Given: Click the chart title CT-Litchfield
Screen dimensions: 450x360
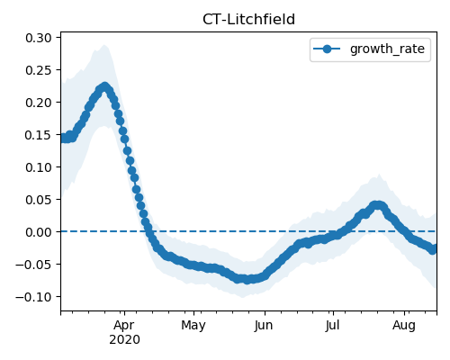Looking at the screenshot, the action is [248, 20].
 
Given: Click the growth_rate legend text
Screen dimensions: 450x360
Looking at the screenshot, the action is [387, 49].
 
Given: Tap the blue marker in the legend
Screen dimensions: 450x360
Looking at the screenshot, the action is [327, 49].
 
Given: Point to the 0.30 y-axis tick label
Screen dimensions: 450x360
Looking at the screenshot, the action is [39, 38].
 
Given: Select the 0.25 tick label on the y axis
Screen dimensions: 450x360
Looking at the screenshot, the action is [39, 70].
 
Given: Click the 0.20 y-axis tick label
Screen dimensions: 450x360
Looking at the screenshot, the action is [39, 103].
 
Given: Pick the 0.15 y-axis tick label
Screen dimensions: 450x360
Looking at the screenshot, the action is [39, 135].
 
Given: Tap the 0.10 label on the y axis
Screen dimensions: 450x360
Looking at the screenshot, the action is [39, 167].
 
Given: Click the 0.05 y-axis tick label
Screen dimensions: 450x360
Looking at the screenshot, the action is [39, 200].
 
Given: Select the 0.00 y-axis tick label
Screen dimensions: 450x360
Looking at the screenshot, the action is [39, 232].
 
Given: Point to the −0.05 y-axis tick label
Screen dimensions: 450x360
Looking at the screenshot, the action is [33, 265].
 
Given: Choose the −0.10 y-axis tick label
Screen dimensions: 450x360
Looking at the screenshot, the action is [33, 297].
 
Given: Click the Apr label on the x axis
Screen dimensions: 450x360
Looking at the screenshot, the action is [124, 326].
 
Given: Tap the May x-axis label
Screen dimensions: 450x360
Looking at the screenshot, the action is [193, 326].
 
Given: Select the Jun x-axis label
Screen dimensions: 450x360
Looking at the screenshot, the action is [264, 326].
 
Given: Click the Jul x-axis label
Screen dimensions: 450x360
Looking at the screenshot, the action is [333, 326].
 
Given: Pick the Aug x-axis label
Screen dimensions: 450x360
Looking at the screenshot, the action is [404, 326].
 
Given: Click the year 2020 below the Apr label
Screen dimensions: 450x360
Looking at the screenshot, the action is [124, 340].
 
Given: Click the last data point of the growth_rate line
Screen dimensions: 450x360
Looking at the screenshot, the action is [433, 249].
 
